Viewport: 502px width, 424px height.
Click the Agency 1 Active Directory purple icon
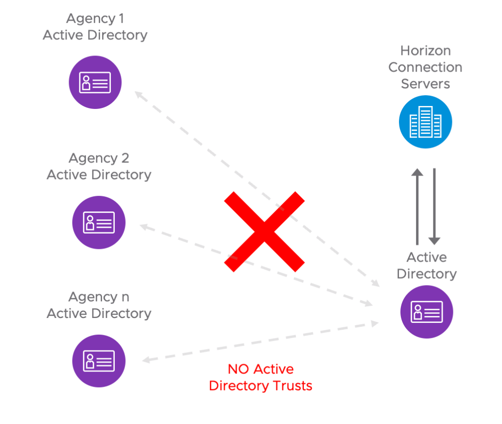pyautogui.click(x=95, y=82)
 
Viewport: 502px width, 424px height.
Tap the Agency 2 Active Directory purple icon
pyautogui.click(x=99, y=222)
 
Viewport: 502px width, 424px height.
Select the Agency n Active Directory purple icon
pyautogui.click(x=99, y=361)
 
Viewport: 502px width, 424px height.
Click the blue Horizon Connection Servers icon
pyautogui.click(x=425, y=122)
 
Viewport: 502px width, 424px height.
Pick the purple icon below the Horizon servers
pyautogui.click(x=426, y=312)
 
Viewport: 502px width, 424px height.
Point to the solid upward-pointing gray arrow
pyautogui.click(x=417, y=206)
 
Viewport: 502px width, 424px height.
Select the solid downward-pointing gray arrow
pyautogui.click(x=434, y=206)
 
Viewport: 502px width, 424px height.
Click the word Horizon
pyautogui.click(x=425, y=51)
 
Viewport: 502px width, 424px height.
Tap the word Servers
pyautogui.click(x=425, y=83)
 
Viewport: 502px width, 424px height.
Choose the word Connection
pyautogui.click(x=425, y=67)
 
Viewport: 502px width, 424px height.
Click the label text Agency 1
pyautogui.click(x=95, y=19)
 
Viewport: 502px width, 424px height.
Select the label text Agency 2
pyautogui.click(x=99, y=158)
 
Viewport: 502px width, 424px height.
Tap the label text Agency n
pyautogui.click(x=99, y=297)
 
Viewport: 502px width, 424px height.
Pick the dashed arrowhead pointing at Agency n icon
pyautogui.click(x=146, y=361)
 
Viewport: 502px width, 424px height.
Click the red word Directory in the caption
pyautogui.click(x=239, y=386)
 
